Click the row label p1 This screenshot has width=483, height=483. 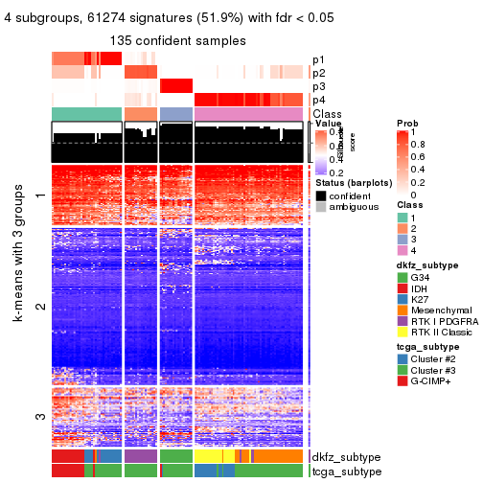click(x=317, y=59)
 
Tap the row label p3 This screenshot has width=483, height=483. click(x=317, y=86)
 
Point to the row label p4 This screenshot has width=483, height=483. click(x=317, y=100)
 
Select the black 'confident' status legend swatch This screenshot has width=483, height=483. click(x=321, y=195)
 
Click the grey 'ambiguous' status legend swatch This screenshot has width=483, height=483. click(x=321, y=208)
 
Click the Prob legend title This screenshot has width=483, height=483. click(x=407, y=124)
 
